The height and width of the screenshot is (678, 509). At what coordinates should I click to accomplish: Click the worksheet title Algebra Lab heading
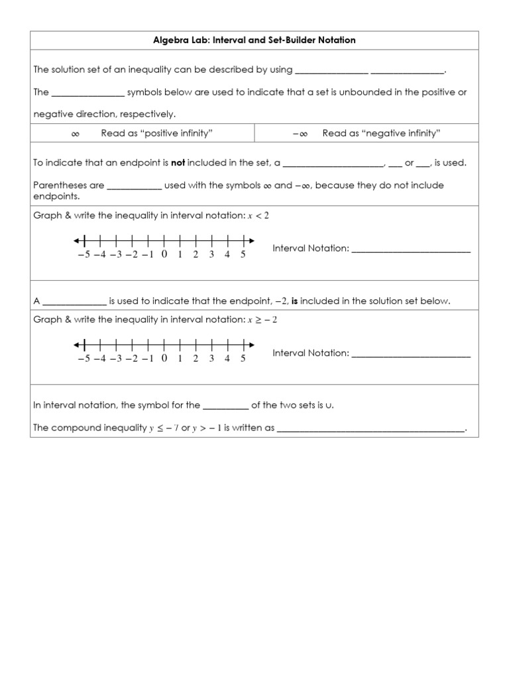[x=254, y=40]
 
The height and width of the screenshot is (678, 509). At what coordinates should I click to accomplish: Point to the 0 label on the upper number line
[x=164, y=255]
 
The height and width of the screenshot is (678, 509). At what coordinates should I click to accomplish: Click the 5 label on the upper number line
[x=243, y=255]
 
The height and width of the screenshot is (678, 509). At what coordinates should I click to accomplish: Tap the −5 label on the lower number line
[x=84, y=359]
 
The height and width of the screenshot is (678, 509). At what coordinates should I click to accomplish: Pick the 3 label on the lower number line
[x=211, y=359]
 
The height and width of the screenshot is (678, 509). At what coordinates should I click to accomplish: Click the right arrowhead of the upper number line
[x=251, y=240]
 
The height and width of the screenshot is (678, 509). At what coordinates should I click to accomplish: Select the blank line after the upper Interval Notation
[x=411, y=251]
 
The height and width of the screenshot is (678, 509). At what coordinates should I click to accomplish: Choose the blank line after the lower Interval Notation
[x=411, y=356]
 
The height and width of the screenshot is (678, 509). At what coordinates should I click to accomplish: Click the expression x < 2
[x=258, y=216]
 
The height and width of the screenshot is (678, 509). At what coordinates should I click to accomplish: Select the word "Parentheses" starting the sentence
[x=60, y=185]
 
